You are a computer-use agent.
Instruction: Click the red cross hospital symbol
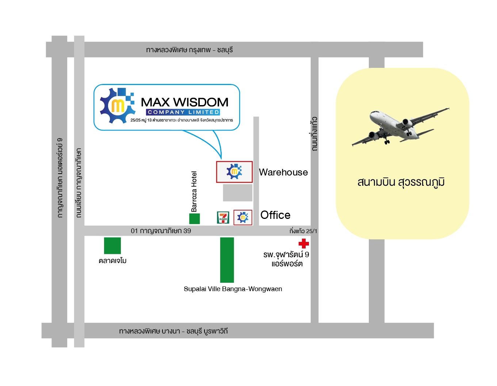(303, 243)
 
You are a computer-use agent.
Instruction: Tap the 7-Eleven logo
(223, 217)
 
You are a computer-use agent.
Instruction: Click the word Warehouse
(283, 172)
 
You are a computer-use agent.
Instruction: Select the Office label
(275, 215)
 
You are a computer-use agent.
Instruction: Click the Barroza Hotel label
(194, 192)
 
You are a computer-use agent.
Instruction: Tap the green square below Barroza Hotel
(194, 219)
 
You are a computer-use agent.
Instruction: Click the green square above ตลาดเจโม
(112, 246)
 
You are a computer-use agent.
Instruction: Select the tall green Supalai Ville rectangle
(227, 260)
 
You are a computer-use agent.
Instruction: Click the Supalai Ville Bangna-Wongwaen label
(233, 289)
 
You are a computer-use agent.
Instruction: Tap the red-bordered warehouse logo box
(234, 172)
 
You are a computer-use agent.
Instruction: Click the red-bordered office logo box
(243, 217)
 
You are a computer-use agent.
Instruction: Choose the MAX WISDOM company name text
(184, 102)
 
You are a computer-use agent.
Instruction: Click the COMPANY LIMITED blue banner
(183, 112)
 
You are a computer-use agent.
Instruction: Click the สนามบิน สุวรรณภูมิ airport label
(401, 182)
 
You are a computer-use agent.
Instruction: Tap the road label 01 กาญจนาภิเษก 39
(161, 231)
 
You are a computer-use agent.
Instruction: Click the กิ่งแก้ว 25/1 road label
(303, 231)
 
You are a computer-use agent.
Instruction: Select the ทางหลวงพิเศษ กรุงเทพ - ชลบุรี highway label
(189, 50)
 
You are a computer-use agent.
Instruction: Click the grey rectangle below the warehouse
(237, 193)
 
